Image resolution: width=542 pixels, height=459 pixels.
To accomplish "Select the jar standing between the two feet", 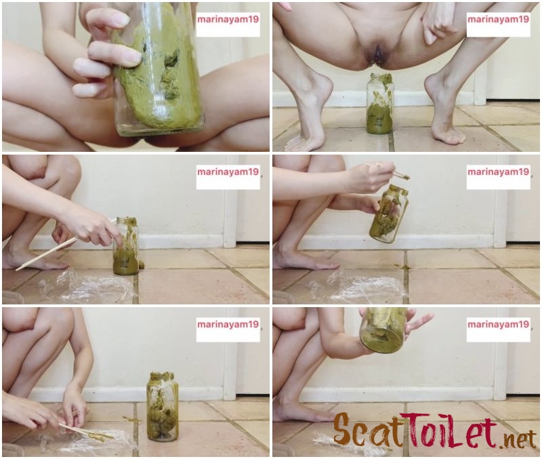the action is pyautogui.click(x=380, y=104).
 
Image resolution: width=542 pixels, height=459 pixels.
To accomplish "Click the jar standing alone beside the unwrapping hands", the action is pyautogui.click(x=163, y=406).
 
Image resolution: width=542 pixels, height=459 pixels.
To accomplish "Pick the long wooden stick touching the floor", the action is pyautogui.click(x=66, y=244).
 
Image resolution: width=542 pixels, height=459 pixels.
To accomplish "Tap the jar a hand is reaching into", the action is pyautogui.click(x=126, y=246).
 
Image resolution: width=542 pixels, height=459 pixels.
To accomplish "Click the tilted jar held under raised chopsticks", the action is pyautogui.click(x=389, y=214).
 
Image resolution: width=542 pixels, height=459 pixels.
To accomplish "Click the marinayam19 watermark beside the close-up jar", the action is pyautogui.click(x=228, y=20).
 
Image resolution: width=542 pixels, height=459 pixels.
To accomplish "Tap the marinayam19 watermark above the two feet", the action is pyautogui.click(x=498, y=20).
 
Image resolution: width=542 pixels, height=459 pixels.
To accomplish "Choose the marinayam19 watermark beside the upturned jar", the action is pyautogui.click(x=498, y=324).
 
